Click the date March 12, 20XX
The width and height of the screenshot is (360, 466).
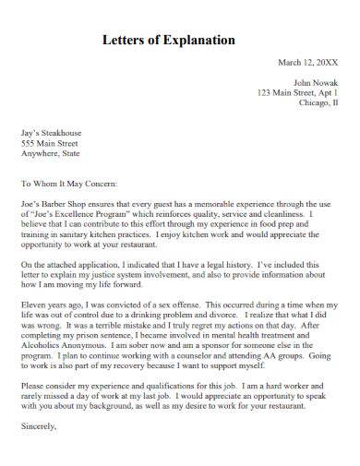point(307,63)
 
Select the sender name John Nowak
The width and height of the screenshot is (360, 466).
point(313,82)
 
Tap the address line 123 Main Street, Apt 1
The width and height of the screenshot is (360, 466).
point(297,93)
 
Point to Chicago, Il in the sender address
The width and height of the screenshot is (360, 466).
point(318,103)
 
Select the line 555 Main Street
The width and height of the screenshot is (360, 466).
point(51,144)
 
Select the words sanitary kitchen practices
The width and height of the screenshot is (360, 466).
point(109,233)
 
